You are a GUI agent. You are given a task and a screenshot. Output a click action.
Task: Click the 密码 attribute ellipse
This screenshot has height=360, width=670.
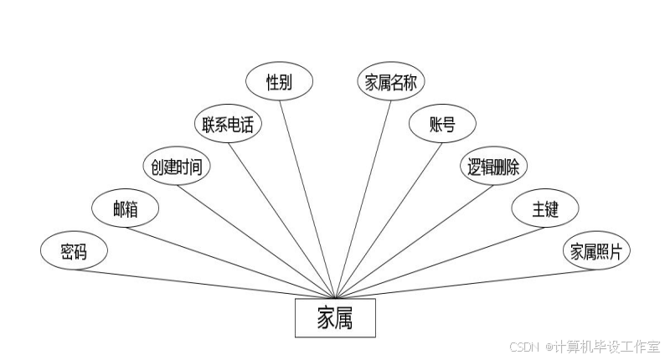[x=74, y=250]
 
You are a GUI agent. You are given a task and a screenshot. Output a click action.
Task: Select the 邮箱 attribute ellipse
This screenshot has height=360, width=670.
[x=125, y=209]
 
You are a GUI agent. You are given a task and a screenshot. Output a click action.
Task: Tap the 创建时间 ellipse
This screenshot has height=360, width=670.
[x=176, y=166]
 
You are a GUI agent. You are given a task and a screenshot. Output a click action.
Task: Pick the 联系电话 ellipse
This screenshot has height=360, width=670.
[x=228, y=125]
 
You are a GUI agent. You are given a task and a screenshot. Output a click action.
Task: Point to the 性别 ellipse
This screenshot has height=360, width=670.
[x=279, y=82]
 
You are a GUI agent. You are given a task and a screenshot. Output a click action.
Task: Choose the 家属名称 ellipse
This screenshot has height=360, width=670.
[x=392, y=82]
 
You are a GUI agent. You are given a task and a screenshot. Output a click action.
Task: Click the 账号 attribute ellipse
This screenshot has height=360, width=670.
[x=443, y=125]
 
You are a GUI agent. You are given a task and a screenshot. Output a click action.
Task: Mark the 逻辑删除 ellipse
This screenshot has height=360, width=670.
[x=494, y=166]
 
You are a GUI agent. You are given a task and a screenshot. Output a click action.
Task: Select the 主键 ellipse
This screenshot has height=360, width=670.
[x=545, y=209]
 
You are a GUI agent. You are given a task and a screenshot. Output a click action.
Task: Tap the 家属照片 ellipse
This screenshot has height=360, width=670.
[x=596, y=250]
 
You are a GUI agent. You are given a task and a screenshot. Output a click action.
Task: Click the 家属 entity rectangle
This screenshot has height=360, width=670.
[x=335, y=318]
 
